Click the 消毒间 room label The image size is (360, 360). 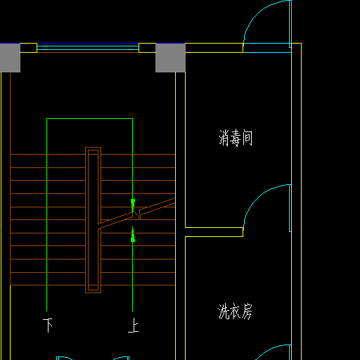pyautogui.click(x=236, y=138)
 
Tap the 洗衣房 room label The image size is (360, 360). pyautogui.click(x=235, y=311)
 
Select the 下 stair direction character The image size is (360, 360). pyautogui.click(x=48, y=325)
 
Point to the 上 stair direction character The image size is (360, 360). pyautogui.click(x=134, y=325)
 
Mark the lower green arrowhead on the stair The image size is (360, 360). pyautogui.click(x=133, y=236)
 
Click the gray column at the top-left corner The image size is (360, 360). pyautogui.click(x=10, y=58)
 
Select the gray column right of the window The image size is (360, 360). pyautogui.click(x=170, y=58)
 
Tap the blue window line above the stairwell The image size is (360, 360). pyautogui.click(x=88, y=44)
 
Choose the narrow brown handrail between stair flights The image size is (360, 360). pyautogui.click(x=93, y=220)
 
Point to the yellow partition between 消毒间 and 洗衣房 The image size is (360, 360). pyautogui.click(x=214, y=232)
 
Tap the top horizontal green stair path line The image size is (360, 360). pyautogui.click(x=89, y=119)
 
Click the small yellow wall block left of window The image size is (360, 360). pyautogui.click(x=28, y=48)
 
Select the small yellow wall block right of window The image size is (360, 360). pyautogui.click(x=147, y=48)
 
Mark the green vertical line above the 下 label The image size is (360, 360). pyautogui.click(x=47, y=215)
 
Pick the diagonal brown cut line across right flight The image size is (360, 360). pyautogui.click(x=136, y=214)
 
